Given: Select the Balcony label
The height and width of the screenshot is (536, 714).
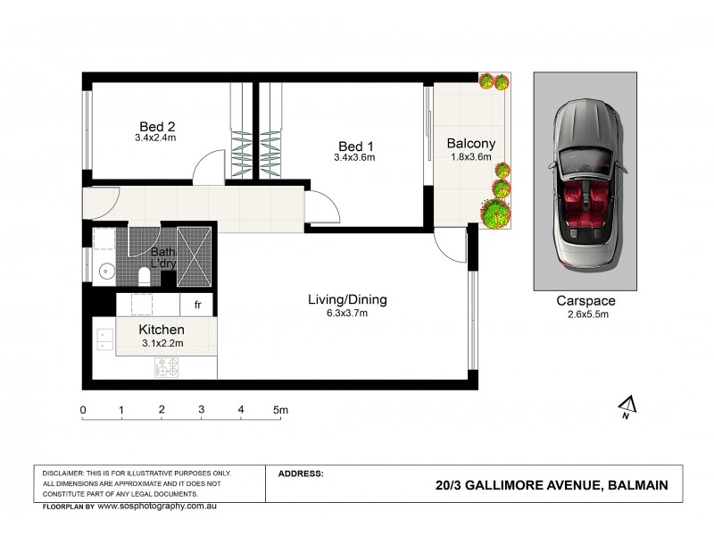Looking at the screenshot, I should pyautogui.click(x=470, y=143).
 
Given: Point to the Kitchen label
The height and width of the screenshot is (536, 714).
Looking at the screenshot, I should pyautogui.click(x=162, y=330).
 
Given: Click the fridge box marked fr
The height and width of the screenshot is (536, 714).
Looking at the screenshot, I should pyautogui.click(x=198, y=305).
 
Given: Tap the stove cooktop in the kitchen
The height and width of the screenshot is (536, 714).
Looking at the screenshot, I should pyautogui.click(x=167, y=366).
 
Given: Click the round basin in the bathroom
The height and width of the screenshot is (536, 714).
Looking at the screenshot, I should pyautogui.click(x=105, y=271).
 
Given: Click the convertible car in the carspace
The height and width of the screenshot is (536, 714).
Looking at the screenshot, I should pyautogui.click(x=585, y=184).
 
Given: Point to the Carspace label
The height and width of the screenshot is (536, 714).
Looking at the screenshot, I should pyautogui.click(x=585, y=301).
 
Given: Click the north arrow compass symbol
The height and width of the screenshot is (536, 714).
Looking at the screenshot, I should pyautogui.click(x=626, y=407).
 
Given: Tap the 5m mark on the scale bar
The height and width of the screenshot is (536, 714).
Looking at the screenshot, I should pyautogui.click(x=280, y=410).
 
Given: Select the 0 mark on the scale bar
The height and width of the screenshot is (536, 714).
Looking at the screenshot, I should pyautogui.click(x=83, y=410).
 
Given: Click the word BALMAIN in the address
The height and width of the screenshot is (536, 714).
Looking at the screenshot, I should pyautogui.click(x=636, y=486).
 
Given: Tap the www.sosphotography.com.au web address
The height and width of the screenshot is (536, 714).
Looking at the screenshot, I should pyautogui.click(x=157, y=506).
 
